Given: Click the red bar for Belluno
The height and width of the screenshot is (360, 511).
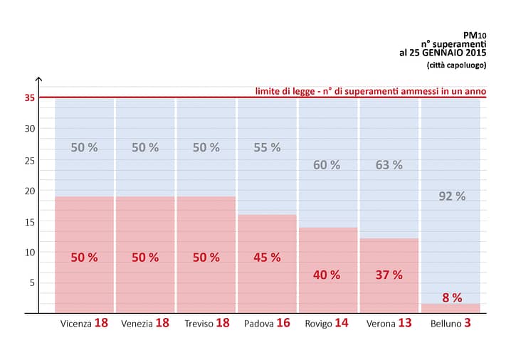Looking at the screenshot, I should (450, 308).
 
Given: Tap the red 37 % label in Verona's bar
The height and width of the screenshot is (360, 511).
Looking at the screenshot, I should (389, 275).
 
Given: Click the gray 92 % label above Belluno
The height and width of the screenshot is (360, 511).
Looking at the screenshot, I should (451, 196).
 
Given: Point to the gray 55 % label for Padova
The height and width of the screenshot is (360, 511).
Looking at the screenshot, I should (267, 148).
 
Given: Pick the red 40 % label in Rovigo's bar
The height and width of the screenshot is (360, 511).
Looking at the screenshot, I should (327, 275).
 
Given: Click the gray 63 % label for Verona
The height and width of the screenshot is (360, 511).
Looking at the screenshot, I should (389, 165).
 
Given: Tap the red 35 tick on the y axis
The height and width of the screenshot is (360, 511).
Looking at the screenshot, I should (29, 97).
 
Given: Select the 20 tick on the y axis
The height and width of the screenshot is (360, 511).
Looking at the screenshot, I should (29, 191).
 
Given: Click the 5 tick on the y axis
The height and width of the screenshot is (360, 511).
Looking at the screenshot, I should (31, 282).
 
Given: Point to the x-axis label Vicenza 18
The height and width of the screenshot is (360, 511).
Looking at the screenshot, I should (84, 323).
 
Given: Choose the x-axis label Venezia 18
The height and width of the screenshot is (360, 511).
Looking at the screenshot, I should (145, 323).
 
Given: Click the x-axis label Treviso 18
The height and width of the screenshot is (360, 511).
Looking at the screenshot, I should (206, 323).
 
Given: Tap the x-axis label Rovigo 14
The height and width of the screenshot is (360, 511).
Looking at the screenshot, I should (327, 323).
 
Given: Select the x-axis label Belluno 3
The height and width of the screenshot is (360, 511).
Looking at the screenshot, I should (450, 323).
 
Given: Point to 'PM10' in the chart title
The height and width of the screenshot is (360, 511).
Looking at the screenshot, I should (474, 33).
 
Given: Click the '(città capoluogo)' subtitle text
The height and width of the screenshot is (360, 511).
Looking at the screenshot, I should (456, 65).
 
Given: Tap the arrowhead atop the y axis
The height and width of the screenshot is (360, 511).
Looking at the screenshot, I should (39, 80).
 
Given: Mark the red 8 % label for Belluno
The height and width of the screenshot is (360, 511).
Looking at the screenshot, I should (451, 298).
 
